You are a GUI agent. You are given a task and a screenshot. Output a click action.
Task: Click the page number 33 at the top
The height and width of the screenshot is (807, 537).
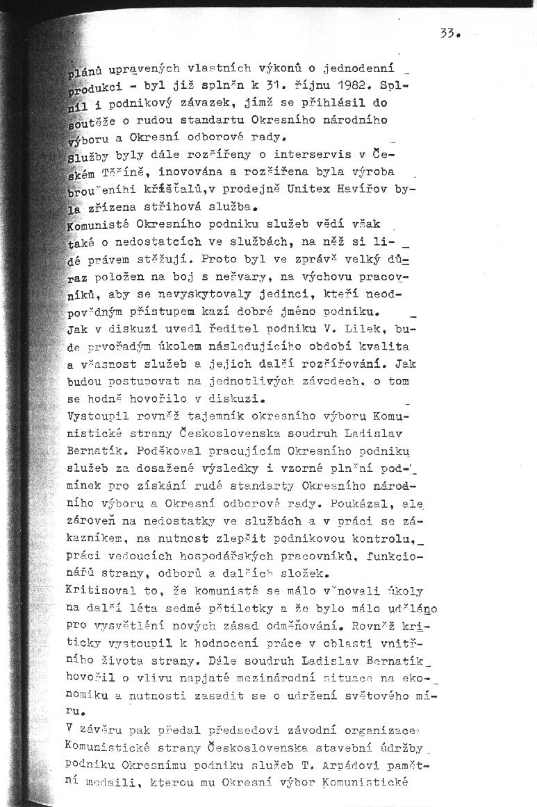[x=450, y=33]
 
